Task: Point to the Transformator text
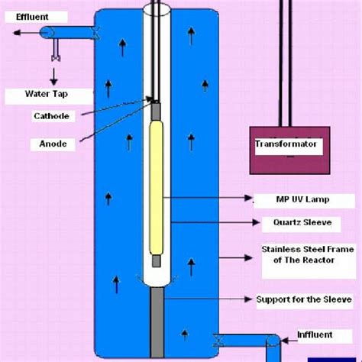(286, 144)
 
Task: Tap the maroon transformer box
(286, 150)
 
